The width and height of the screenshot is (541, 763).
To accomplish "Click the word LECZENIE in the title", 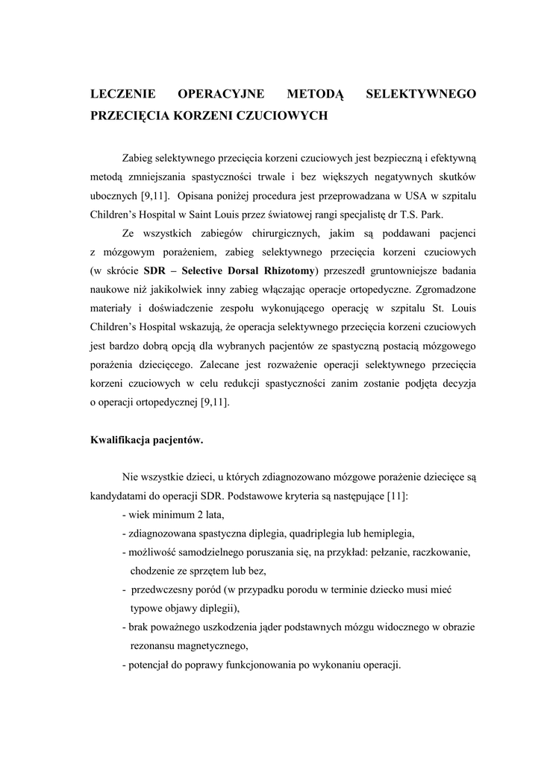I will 122,94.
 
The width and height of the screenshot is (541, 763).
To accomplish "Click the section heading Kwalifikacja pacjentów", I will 146,440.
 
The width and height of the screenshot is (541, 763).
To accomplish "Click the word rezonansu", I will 154,645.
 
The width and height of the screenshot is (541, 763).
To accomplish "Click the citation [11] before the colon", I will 393,496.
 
